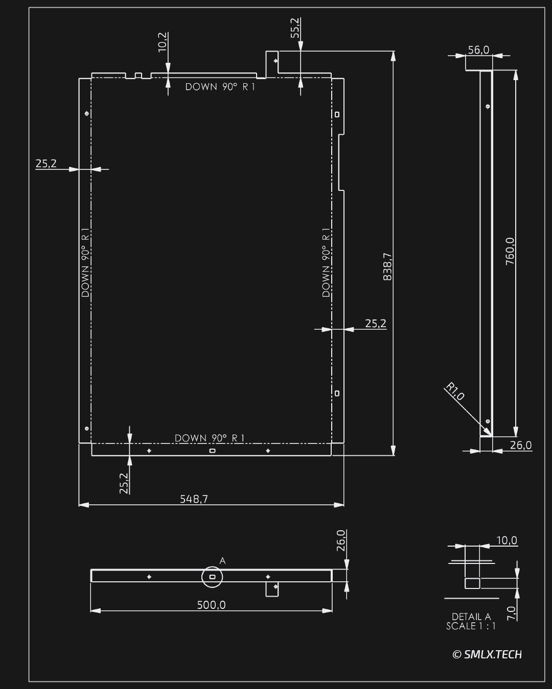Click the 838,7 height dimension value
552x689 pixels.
click(387, 267)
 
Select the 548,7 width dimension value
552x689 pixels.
click(194, 499)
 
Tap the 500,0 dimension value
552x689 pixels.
click(212, 605)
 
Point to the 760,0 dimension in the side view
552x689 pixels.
click(510, 251)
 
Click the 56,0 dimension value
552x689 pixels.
click(478, 50)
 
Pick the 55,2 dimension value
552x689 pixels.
click(295, 28)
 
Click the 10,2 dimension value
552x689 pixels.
click(163, 42)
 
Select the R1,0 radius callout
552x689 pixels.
click(454, 391)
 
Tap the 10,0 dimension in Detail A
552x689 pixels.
click(507, 540)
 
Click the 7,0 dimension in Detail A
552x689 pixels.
click(512, 613)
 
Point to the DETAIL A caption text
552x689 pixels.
click(471, 617)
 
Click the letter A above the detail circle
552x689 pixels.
click(223, 561)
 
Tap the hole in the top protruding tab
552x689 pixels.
click(275, 61)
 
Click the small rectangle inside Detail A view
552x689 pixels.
click(472, 583)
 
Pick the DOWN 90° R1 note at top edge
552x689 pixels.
click(220, 87)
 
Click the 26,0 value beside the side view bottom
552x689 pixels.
click(521, 445)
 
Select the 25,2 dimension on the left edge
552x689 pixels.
click(46, 164)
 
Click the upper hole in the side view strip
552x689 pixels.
click(488, 107)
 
